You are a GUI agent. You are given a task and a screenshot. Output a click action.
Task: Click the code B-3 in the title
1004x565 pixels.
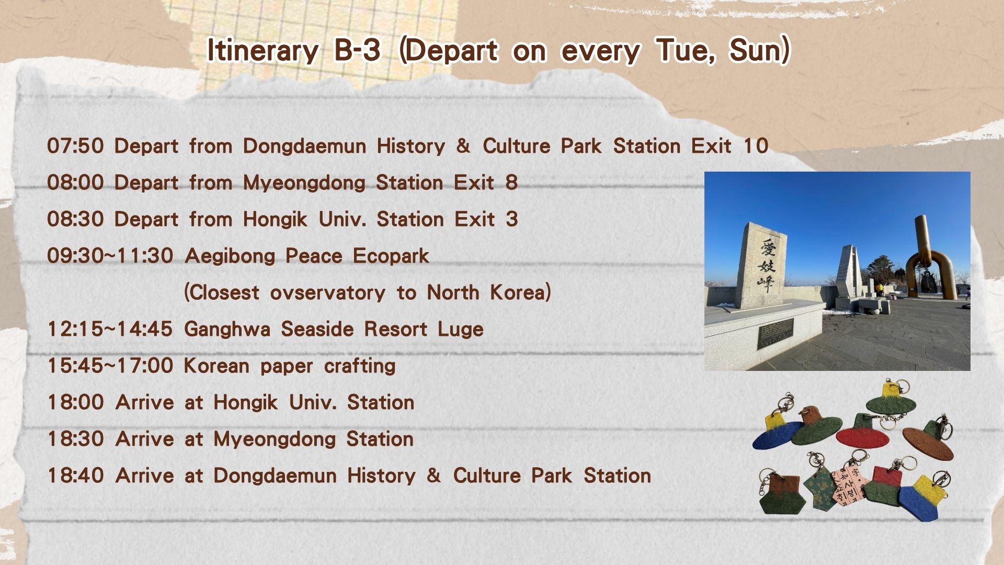(x=357, y=50)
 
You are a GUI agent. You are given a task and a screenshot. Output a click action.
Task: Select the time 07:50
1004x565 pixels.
(x=75, y=146)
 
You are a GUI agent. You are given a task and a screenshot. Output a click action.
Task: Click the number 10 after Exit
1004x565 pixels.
(x=756, y=146)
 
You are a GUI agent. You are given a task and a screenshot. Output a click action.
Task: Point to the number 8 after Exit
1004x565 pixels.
(x=511, y=183)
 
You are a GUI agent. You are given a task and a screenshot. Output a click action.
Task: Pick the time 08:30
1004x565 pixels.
(x=75, y=219)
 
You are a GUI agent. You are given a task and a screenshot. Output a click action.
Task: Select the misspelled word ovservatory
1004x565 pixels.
(x=328, y=292)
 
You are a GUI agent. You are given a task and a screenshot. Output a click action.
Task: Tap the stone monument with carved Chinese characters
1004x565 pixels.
(x=761, y=265)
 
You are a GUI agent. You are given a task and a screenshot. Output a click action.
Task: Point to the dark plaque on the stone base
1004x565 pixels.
(x=775, y=333)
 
